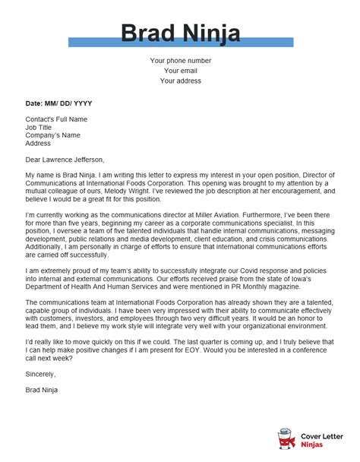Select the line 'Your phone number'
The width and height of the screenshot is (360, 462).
pos(181,60)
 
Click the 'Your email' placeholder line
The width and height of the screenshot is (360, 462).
pos(181,71)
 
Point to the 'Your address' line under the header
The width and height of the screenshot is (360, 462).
pos(181,82)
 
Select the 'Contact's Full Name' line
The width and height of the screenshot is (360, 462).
pos(56,120)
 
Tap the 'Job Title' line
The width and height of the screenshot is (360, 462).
pos(39,128)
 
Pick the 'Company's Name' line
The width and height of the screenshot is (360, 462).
pos(52,135)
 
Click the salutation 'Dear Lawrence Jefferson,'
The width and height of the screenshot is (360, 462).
pos(65,160)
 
